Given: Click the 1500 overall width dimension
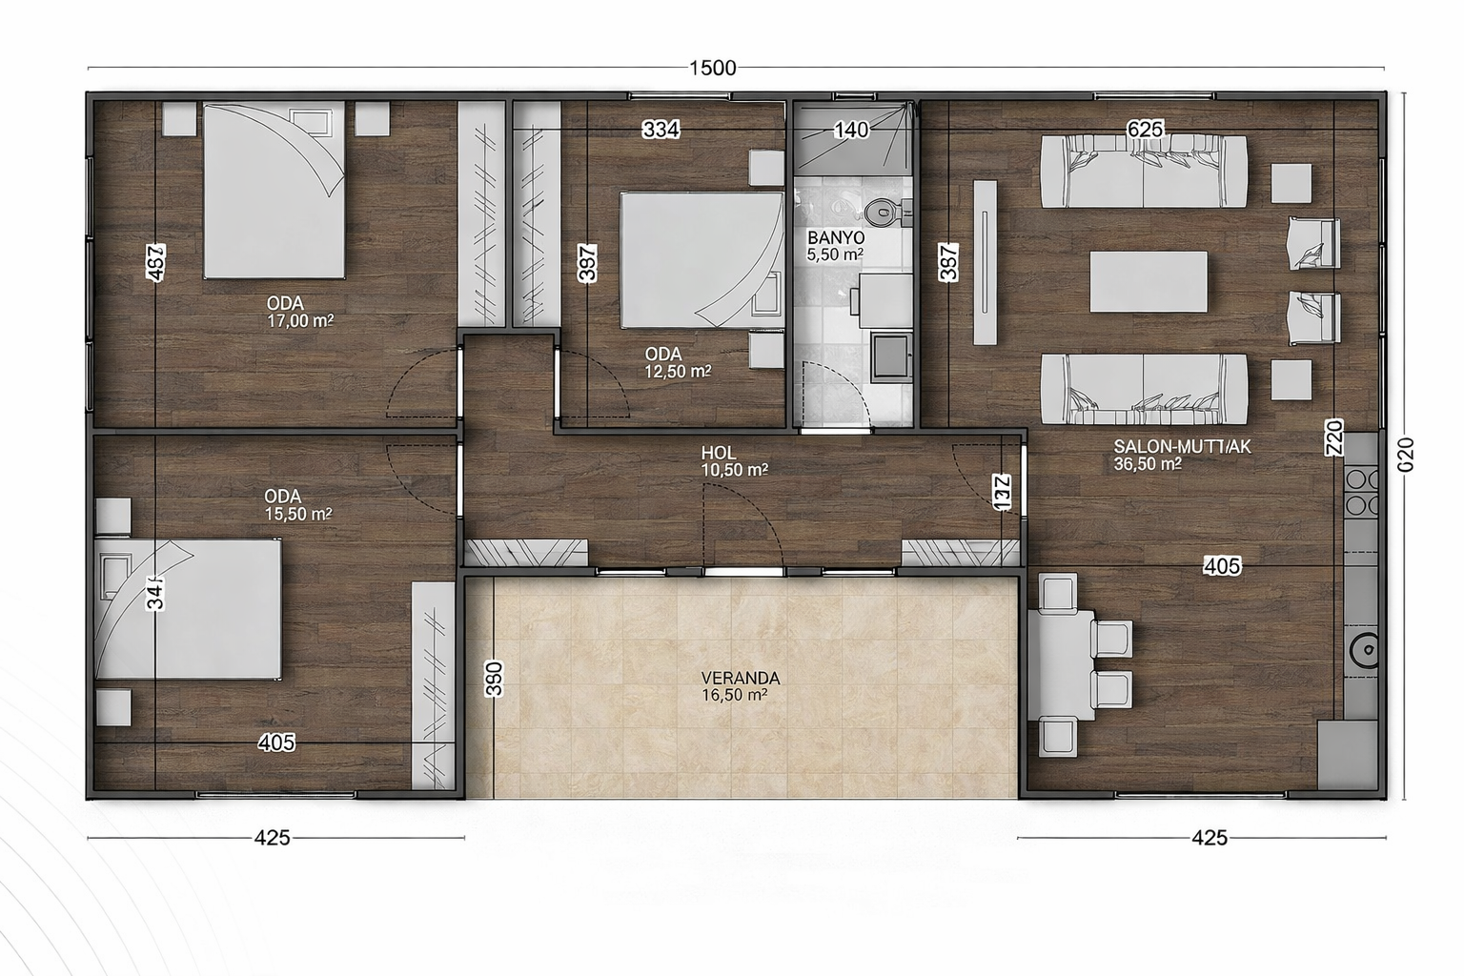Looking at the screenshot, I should tap(713, 68).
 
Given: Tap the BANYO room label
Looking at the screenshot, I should tap(835, 237).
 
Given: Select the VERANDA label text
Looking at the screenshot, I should tap(750, 679).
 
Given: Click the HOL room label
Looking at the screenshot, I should tap(719, 453).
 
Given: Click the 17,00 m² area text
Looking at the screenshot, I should tap(300, 321).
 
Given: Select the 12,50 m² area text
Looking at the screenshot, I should tap(678, 372).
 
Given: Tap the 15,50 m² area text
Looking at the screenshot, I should tap(298, 514).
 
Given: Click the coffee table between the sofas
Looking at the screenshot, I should tap(1149, 281).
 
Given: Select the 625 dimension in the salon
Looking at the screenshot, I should tap(1145, 129).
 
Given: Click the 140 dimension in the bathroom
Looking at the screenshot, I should tap(851, 130).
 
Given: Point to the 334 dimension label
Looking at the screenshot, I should tap(661, 130).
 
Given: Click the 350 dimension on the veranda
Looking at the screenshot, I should tap(493, 679).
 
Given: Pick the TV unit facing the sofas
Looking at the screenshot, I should tap(986, 263).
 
